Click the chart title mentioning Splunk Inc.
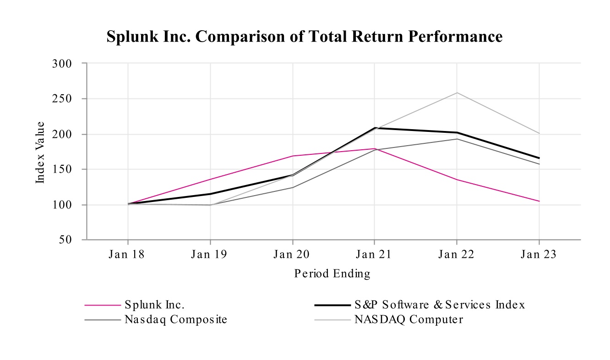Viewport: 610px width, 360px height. click(305, 37)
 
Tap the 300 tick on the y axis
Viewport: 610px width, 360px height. click(63, 63)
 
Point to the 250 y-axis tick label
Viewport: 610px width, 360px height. click(63, 98)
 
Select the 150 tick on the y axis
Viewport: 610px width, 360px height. click(63, 169)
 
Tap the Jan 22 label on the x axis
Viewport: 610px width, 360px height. click(456, 255)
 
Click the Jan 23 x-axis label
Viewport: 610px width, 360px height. click(539, 255)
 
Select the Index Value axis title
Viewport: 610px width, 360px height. click(41, 152)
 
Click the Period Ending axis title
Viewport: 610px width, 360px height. click(332, 274)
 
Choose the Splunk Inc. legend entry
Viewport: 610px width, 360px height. click(154, 305)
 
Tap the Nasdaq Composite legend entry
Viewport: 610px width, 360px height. click(175, 320)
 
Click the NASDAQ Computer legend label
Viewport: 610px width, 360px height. click(408, 320)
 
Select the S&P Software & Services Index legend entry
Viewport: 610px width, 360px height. click(439, 305)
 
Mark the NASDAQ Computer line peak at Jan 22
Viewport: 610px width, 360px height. click(457, 93)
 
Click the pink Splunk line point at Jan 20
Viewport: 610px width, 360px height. click(292, 156)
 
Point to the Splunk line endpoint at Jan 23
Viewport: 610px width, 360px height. click(539, 201)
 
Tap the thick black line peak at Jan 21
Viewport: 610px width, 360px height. click(375, 128)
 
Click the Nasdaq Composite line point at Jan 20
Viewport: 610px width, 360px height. click(292, 187)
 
